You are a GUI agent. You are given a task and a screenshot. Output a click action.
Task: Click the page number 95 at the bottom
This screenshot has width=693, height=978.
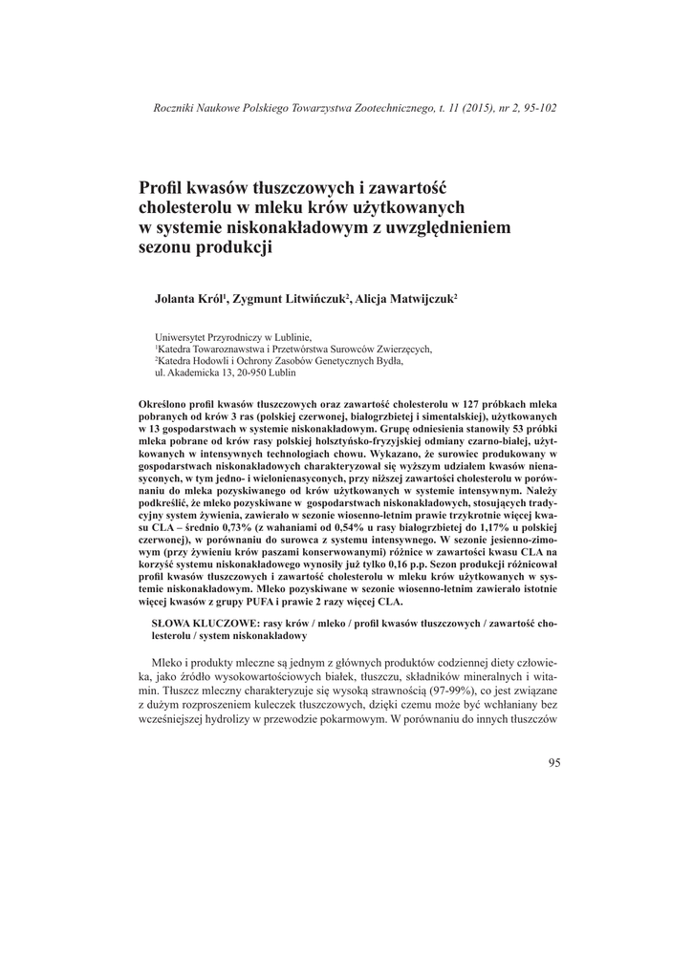point(554,761)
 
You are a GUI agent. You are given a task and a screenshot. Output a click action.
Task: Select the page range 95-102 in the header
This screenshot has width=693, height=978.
point(537,107)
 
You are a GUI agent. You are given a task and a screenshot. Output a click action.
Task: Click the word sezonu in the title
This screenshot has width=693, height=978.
point(168,247)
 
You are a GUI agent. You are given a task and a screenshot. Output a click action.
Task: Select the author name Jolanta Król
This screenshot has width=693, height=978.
point(188,299)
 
